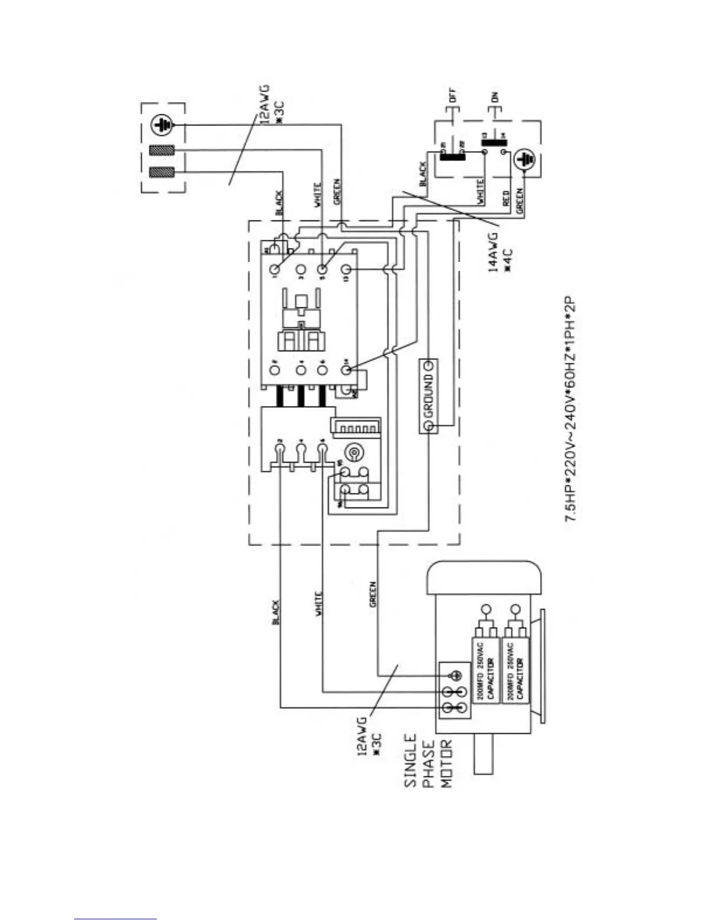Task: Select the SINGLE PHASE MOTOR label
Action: coord(428,760)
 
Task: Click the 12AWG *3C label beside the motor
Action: coord(369,737)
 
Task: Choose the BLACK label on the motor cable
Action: coord(276,612)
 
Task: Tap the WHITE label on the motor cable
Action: coord(318,604)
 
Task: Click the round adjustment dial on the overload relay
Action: coord(353,453)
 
